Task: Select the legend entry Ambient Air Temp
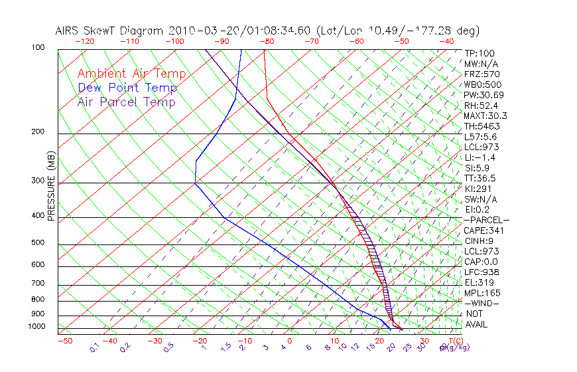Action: click(131, 74)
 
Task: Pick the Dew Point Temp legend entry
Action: click(127, 88)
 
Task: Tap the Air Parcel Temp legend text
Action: click(126, 102)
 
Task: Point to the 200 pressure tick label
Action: click(38, 132)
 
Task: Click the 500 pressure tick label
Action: click(38, 242)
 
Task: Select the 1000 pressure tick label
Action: click(37, 327)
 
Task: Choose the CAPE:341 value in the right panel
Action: click(482, 231)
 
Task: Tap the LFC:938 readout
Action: click(481, 272)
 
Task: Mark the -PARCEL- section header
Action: click(486, 220)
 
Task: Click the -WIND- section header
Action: click(481, 304)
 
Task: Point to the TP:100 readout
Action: click(480, 53)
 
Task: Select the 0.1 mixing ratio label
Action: click(94, 347)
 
